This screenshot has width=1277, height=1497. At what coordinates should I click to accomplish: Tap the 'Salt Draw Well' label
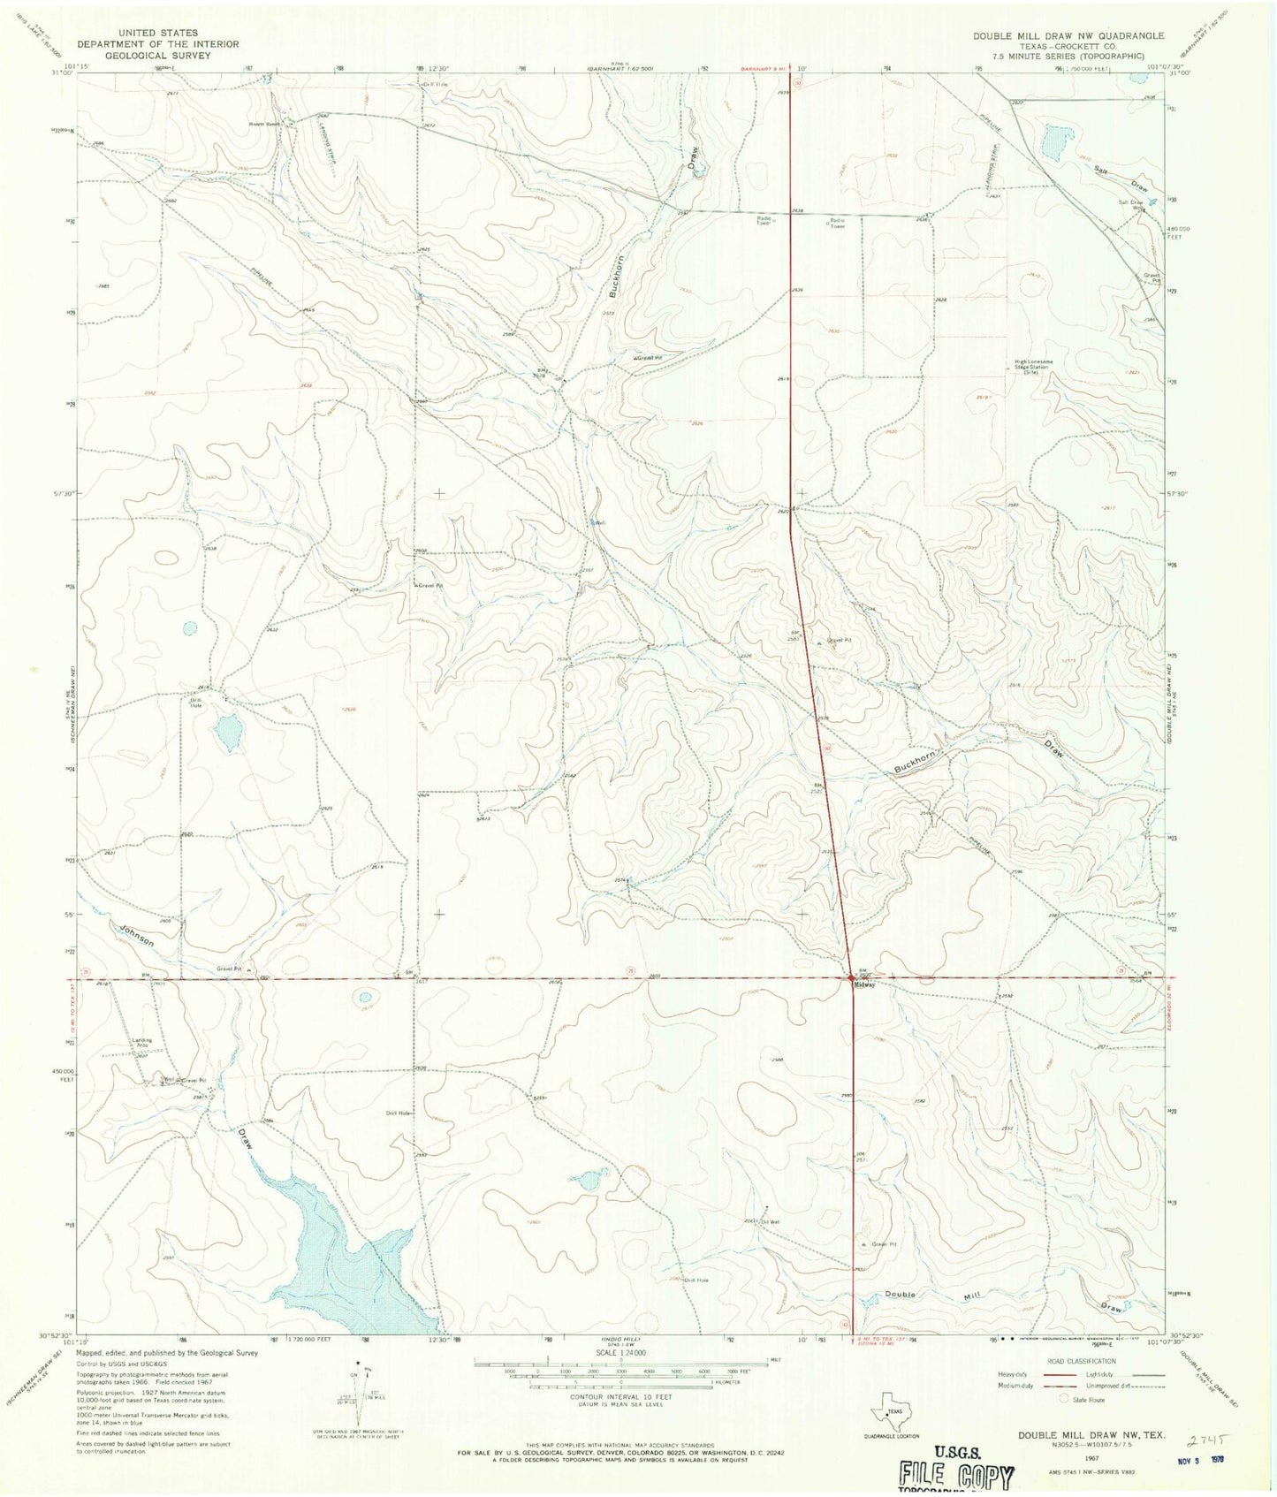(x=1131, y=205)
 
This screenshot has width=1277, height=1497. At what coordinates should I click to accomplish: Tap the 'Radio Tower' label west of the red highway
(x=764, y=223)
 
